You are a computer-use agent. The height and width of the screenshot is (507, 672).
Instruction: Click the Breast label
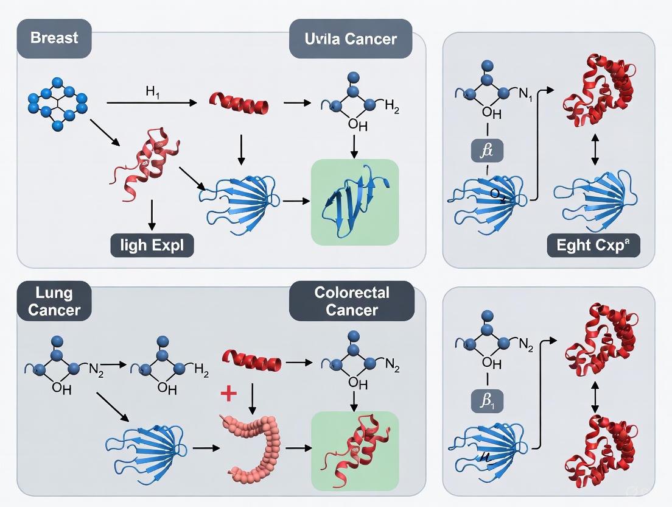click(54, 38)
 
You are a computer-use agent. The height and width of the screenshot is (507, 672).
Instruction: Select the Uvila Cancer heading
click(351, 39)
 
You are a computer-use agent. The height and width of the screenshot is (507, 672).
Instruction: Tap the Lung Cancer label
click(54, 300)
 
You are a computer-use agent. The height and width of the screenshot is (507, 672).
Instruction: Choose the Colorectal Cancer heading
click(351, 300)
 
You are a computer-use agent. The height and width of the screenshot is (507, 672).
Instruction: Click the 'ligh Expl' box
click(152, 246)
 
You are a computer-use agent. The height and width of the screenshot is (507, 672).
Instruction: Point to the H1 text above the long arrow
click(152, 92)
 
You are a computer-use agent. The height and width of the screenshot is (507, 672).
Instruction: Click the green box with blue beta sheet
click(355, 202)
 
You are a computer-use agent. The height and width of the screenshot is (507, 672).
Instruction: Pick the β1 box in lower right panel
click(487, 402)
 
